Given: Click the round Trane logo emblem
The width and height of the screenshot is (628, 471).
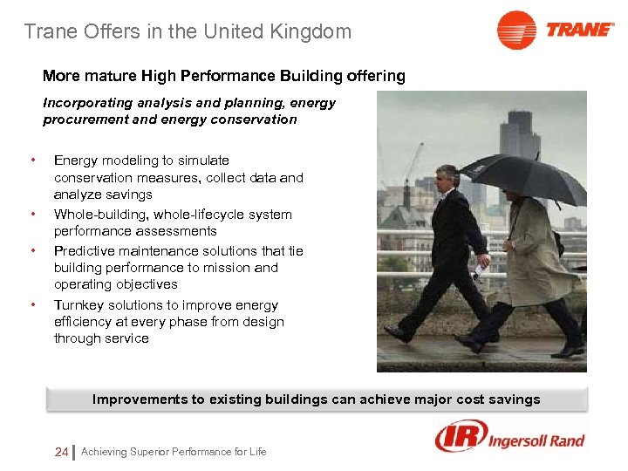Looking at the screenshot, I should click(516, 31).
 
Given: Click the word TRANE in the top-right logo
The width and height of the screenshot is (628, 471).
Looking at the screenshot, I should click(580, 30).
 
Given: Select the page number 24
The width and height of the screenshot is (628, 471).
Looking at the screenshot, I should click(61, 452).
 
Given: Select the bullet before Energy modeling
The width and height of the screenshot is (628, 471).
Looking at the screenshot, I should click(32, 160).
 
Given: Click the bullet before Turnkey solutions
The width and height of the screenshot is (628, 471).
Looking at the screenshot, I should click(32, 305).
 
